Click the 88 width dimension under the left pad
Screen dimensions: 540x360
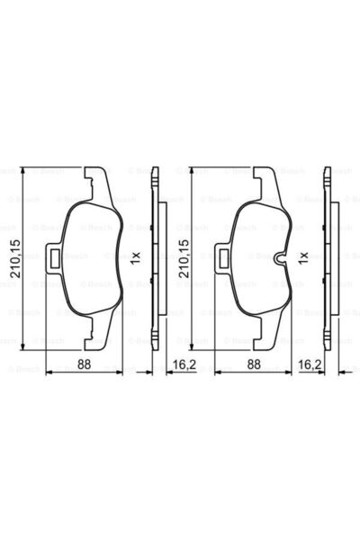(85, 364)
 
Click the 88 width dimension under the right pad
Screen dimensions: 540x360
(255, 364)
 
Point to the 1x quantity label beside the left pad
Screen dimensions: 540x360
(135, 256)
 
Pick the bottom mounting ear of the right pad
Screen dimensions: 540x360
(265, 339)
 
